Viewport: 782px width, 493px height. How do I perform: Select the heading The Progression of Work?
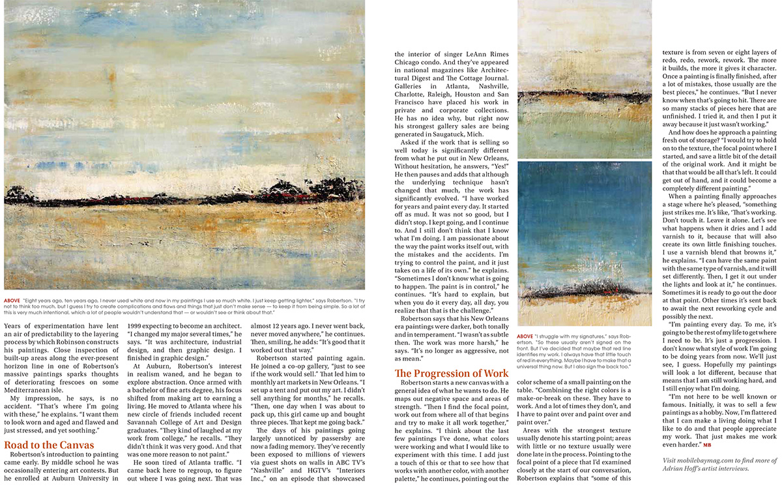click(x=451, y=374)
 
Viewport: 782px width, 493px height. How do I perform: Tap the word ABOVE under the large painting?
click(x=11, y=301)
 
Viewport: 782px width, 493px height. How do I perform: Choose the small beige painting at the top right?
click(x=584, y=78)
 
